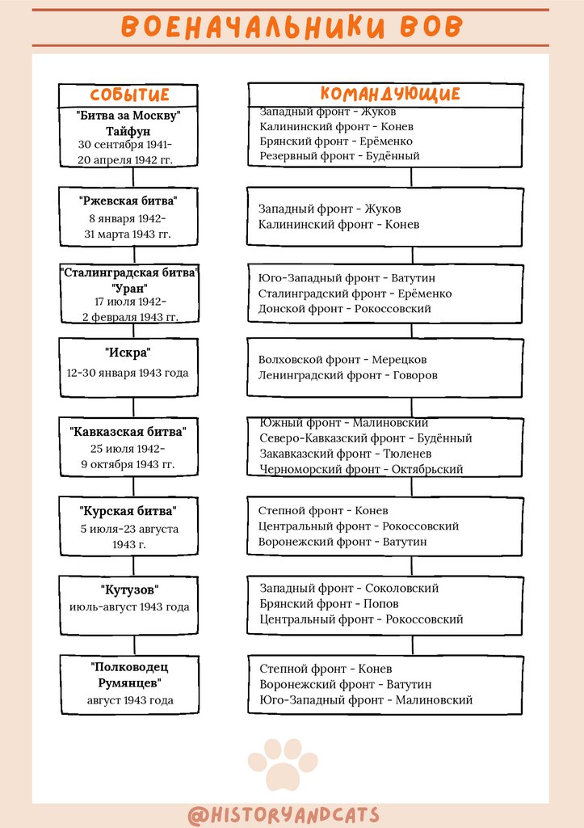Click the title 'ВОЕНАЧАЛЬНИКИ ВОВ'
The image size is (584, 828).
(x=292, y=27)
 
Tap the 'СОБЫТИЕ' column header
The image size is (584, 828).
(x=129, y=95)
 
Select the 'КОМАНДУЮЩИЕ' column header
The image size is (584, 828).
(x=390, y=94)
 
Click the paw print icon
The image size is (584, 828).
(x=282, y=763)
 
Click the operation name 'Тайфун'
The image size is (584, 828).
(x=128, y=130)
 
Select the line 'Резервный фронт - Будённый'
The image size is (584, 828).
(x=339, y=155)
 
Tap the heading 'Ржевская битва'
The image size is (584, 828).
(x=128, y=201)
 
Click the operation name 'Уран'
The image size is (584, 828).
(x=128, y=287)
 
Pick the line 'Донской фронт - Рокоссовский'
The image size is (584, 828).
(x=345, y=308)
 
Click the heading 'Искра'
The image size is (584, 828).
(x=128, y=353)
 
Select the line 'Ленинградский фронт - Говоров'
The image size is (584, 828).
(x=348, y=375)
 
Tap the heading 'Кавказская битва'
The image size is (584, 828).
(x=128, y=432)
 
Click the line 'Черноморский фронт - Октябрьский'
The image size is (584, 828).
(x=361, y=469)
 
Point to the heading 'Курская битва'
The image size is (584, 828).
(x=128, y=511)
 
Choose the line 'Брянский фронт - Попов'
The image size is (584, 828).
(x=329, y=604)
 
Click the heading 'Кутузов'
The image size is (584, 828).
(x=128, y=589)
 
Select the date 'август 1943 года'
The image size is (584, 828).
(x=130, y=700)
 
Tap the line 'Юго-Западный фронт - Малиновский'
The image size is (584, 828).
(x=366, y=700)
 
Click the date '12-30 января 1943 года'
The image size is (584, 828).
(x=128, y=373)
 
